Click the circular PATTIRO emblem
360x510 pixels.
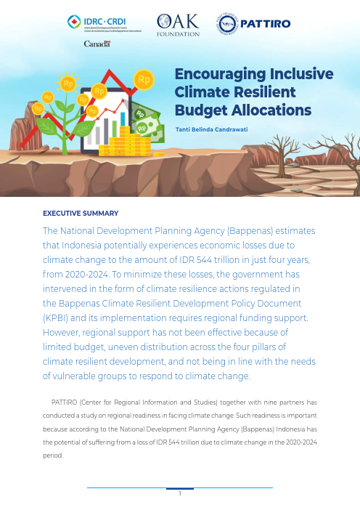(228, 24)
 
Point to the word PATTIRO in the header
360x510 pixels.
(267, 24)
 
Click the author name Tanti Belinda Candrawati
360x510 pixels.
(217, 130)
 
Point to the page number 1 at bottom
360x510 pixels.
(179, 495)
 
